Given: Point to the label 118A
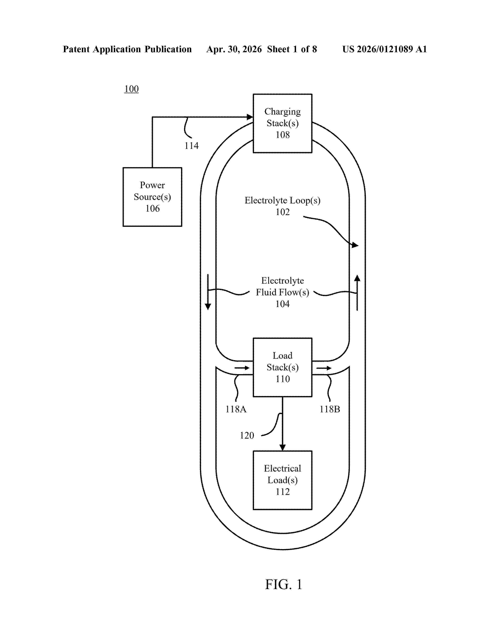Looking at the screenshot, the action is (236, 409).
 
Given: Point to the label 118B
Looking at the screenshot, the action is (330, 409).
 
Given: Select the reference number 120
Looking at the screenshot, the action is (247, 435).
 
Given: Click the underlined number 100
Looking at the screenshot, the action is (131, 89).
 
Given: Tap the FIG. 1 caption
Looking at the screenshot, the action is (284, 584).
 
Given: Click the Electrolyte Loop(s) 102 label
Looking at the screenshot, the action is (282, 206).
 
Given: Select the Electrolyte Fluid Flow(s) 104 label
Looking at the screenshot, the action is (282, 292).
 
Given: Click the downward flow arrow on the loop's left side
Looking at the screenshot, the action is (208, 292).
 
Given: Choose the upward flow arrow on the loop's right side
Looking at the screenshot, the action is (357, 293).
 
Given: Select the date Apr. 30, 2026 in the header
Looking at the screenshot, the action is (234, 49).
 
